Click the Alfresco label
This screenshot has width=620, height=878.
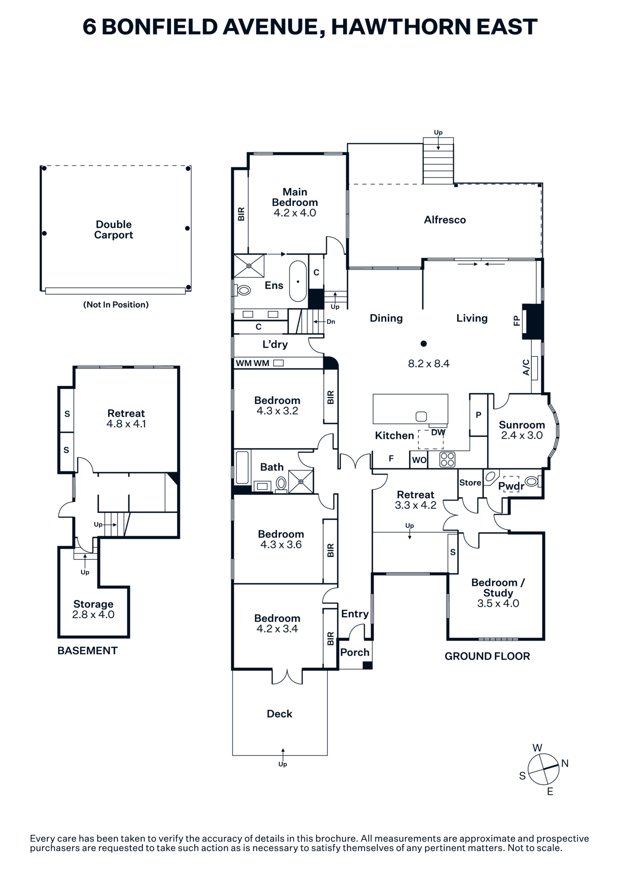[x=444, y=220]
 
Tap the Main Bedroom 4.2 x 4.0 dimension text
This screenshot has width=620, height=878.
[x=295, y=213]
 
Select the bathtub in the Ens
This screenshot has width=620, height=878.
[x=298, y=281]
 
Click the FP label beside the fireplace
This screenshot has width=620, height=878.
[x=516, y=321]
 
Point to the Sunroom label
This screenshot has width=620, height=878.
[x=522, y=425]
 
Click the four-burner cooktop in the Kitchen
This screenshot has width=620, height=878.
[x=447, y=459]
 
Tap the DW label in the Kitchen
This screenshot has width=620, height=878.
[x=438, y=432]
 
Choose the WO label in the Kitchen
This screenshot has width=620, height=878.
[x=419, y=460]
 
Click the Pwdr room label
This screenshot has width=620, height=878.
[x=511, y=486]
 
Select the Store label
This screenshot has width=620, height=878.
[x=470, y=482]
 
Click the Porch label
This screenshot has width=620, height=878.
[x=355, y=652]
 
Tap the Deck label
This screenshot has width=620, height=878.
[x=280, y=714]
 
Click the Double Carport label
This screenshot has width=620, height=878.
[x=114, y=230]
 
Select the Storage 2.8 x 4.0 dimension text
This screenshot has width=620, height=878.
[x=93, y=615]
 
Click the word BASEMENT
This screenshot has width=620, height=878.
[x=87, y=651]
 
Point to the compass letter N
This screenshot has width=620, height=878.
[x=565, y=763]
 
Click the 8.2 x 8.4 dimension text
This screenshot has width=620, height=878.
[x=429, y=363]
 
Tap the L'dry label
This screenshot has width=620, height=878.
[x=275, y=344]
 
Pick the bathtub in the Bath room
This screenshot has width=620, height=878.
[x=242, y=468]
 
